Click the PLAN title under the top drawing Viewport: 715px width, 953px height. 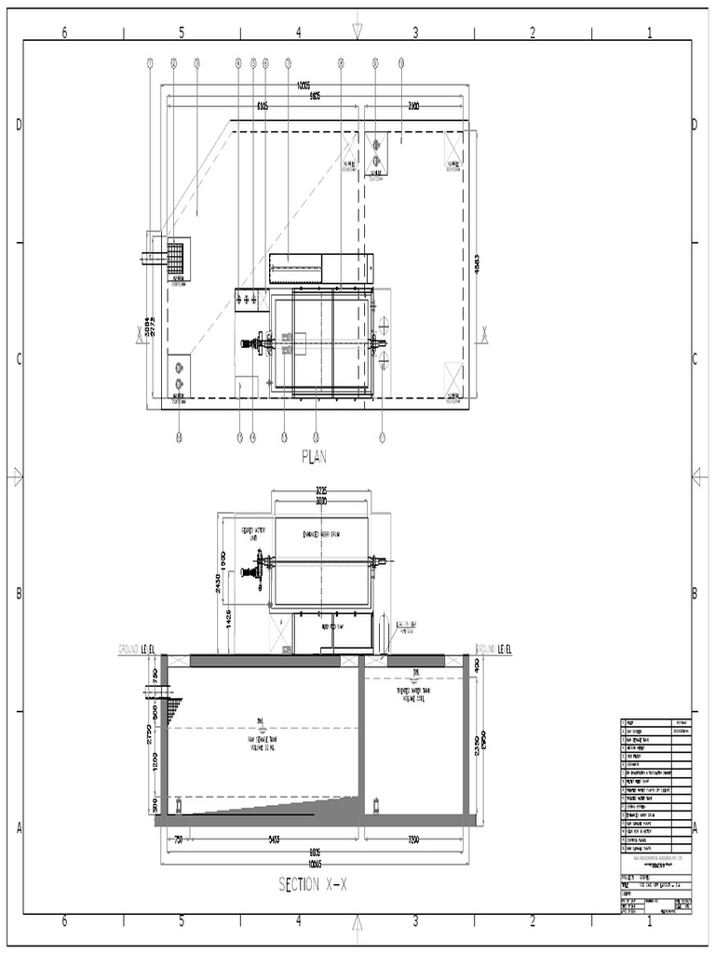tap(317, 456)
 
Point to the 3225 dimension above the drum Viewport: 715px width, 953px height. tap(321, 490)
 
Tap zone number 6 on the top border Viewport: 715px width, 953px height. tap(64, 33)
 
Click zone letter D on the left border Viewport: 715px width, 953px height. tap(18, 126)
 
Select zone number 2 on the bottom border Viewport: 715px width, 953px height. tap(533, 921)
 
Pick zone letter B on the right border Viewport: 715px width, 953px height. tap(695, 594)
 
